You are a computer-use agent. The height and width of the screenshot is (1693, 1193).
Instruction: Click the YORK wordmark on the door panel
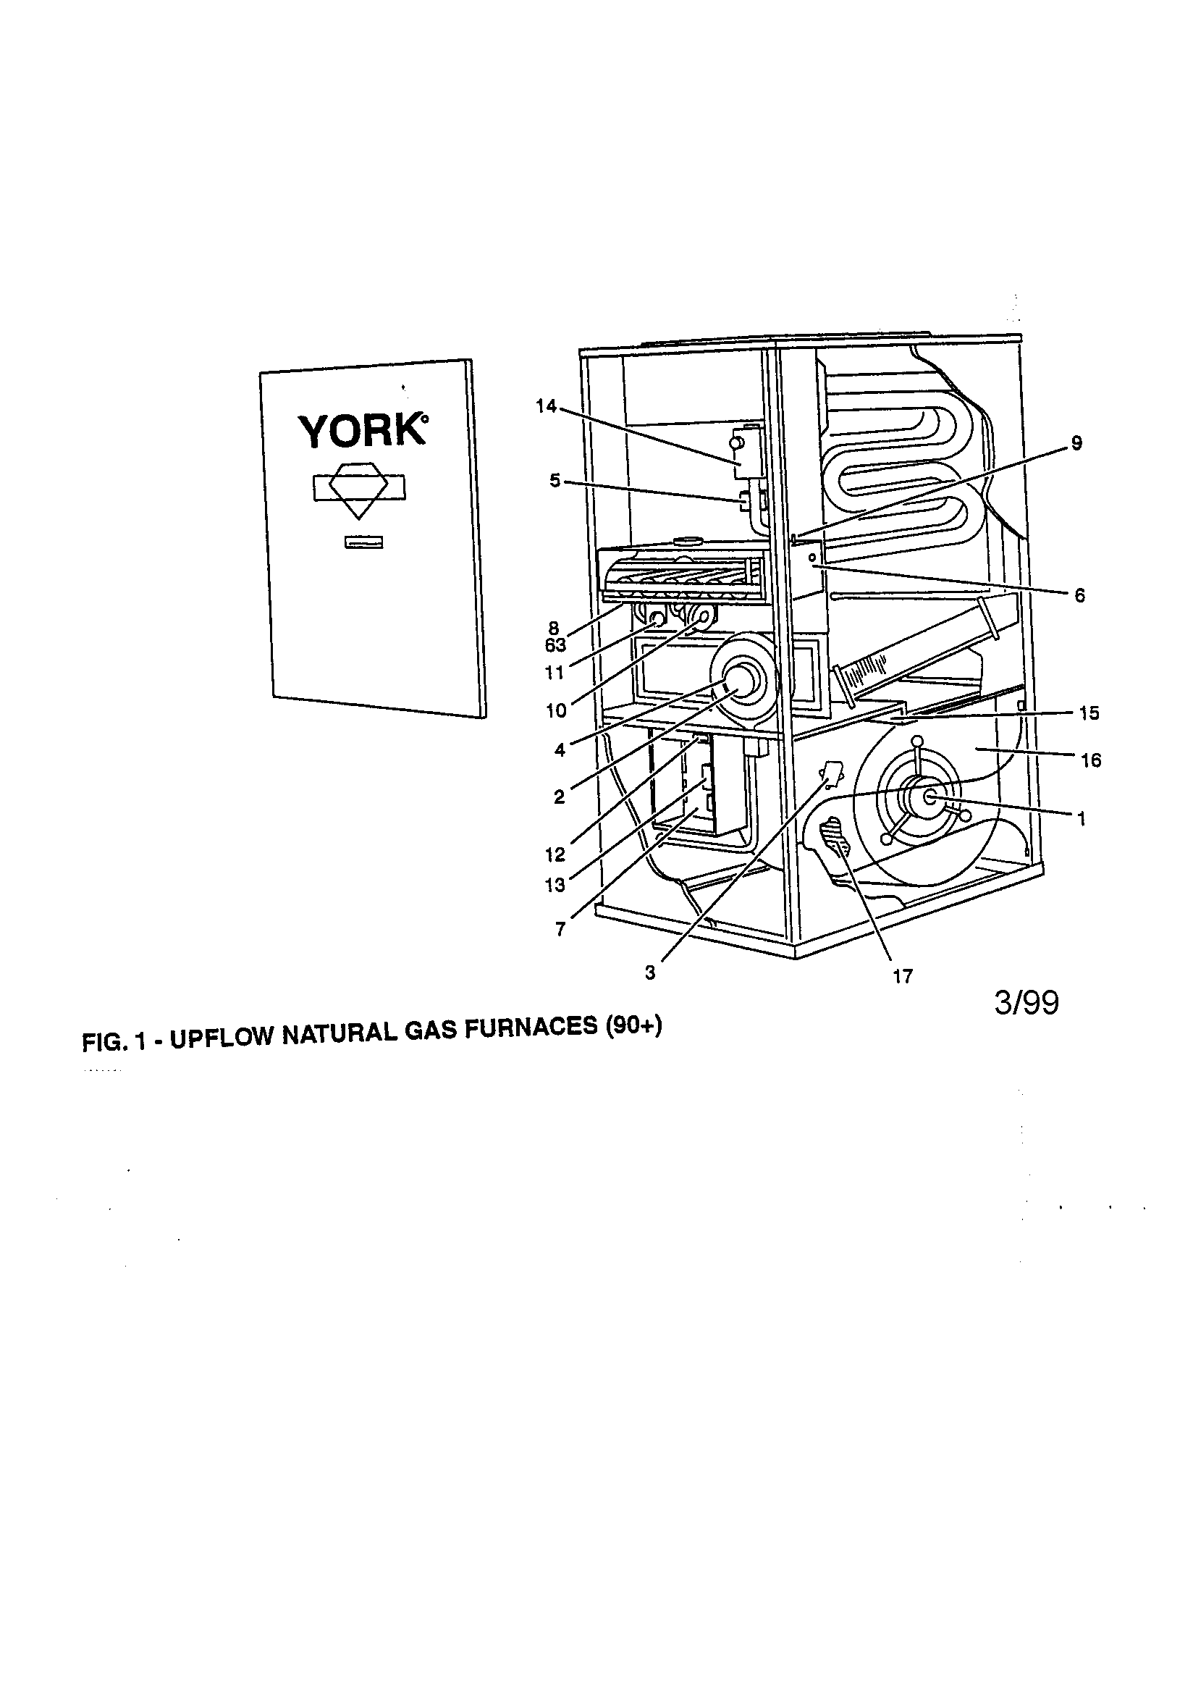click(361, 432)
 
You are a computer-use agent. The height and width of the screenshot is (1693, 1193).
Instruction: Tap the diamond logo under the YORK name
click(359, 489)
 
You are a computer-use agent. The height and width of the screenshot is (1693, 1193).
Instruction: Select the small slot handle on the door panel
click(364, 543)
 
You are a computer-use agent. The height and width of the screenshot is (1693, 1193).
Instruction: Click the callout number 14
click(547, 406)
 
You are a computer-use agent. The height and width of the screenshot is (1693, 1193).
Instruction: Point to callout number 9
click(1076, 443)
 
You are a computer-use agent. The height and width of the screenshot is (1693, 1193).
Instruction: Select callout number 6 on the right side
click(1079, 596)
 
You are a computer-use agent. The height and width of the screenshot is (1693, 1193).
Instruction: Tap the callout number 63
click(555, 646)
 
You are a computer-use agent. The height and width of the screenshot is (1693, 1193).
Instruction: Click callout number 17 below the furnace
click(903, 976)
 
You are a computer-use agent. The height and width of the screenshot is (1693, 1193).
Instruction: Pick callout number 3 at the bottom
click(649, 973)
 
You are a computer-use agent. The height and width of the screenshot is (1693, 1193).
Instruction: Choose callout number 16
click(1090, 760)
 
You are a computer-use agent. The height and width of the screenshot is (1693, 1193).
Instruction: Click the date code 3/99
click(1027, 1004)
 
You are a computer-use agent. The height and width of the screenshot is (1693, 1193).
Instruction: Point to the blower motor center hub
click(929, 797)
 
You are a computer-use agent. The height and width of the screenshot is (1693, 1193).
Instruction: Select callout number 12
click(555, 855)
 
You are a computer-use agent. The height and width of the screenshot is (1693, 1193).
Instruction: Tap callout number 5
click(555, 481)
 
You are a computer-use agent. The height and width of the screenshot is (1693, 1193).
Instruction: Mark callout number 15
click(1089, 713)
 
